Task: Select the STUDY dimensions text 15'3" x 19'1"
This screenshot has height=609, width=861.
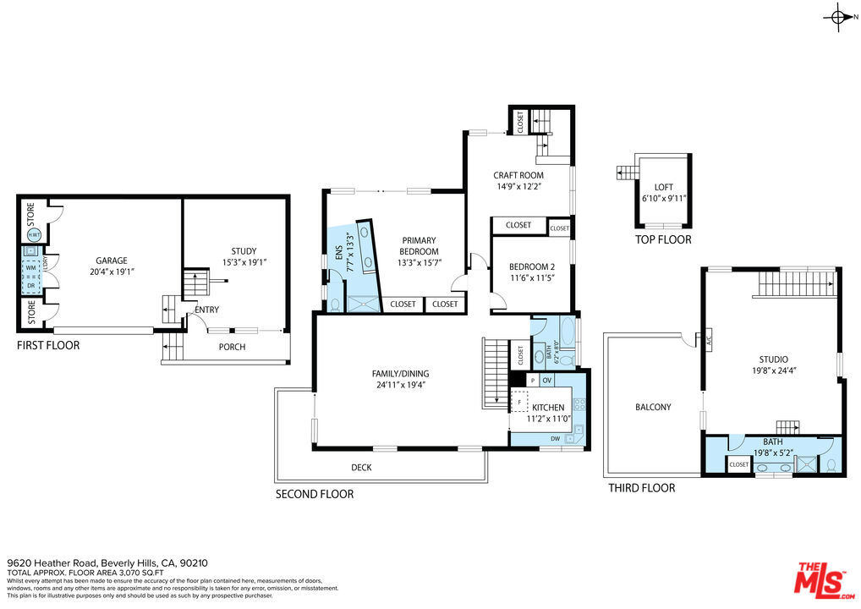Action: pos(244,262)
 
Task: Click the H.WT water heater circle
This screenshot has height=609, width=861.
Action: pos(34,234)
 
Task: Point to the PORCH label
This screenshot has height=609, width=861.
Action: pos(232,347)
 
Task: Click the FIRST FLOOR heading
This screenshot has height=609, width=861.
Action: pos(48,345)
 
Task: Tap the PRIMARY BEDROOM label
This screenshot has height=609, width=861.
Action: pos(420,246)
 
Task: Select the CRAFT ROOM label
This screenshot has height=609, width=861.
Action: pos(518,176)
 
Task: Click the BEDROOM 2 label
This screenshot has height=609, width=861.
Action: pos(532,267)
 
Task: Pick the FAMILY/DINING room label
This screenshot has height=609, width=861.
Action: pos(400,374)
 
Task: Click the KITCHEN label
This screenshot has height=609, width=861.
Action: pos(547,408)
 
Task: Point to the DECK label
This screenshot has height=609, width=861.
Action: pos(361,468)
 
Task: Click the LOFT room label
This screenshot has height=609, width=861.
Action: pos(664,188)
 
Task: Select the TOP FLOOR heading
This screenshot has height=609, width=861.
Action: pos(663,240)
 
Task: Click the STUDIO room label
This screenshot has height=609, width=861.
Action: pos(772,359)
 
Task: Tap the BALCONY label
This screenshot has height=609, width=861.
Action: pos(653,407)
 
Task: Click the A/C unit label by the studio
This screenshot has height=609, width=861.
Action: pos(699,340)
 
